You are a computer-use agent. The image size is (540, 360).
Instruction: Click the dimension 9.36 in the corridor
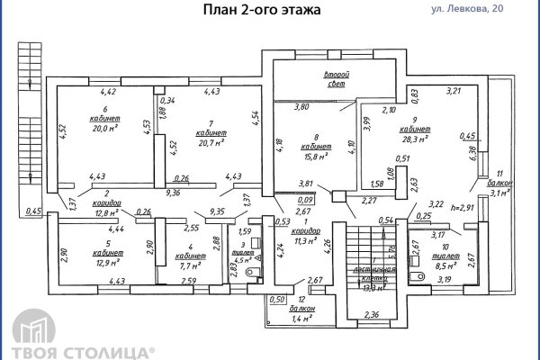(175, 193)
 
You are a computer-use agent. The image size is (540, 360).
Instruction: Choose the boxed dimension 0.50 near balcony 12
(277, 299)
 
